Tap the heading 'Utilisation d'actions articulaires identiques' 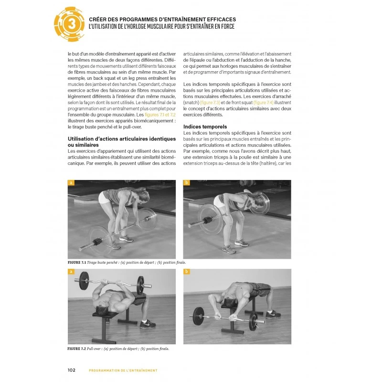tap(121, 138)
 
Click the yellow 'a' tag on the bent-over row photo tap(72, 183)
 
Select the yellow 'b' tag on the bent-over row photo tap(187, 183)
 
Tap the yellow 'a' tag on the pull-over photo tap(72, 271)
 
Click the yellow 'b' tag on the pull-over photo tap(187, 271)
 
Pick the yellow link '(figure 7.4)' tap(264, 103)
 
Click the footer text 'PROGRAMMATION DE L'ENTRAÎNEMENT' tap(123, 370)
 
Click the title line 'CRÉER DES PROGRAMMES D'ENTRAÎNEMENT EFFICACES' tap(162, 20)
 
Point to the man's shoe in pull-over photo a tap(149, 324)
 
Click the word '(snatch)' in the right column tap(193, 103)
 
